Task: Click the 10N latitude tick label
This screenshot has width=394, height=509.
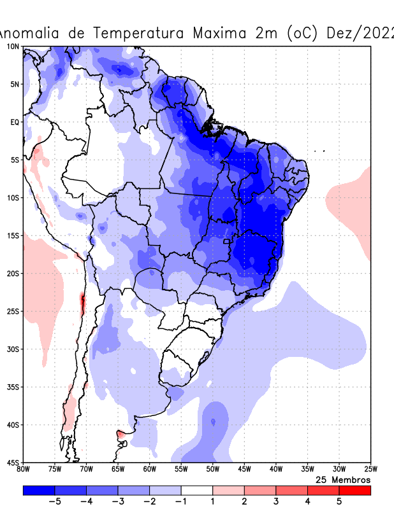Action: click(x=13, y=46)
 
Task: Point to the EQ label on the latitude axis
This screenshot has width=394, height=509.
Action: click(x=14, y=122)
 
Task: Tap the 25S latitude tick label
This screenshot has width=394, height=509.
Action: click(x=13, y=311)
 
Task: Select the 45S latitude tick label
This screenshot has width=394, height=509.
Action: click(x=13, y=462)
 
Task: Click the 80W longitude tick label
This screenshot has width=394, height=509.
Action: click(x=23, y=470)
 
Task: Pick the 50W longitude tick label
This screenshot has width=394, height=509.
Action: click(x=212, y=470)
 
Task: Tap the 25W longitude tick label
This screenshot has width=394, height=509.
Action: click(x=370, y=470)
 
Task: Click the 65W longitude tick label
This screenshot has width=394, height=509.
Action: click(x=118, y=470)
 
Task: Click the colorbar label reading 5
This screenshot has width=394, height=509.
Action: click(x=339, y=501)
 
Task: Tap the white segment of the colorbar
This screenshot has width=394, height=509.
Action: click(x=197, y=491)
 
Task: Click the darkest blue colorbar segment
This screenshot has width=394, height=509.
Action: click(x=38, y=491)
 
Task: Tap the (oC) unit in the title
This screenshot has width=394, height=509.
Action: click(x=300, y=33)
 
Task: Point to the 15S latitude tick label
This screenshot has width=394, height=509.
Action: click(x=13, y=235)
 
